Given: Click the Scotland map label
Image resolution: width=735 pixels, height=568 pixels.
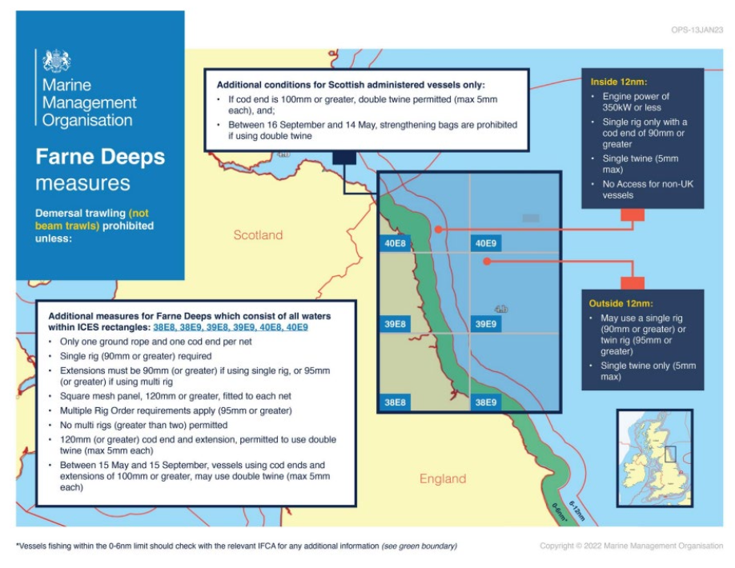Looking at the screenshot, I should (258, 235).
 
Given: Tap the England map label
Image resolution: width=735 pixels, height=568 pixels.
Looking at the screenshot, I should (442, 478).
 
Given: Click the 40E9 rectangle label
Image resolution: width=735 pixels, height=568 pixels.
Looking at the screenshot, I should (485, 244).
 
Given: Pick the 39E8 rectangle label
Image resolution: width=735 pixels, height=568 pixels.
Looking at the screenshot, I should (395, 324).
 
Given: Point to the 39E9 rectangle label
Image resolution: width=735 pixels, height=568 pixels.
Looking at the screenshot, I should (485, 324).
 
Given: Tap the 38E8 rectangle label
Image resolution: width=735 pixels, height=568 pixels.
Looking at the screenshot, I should (395, 402).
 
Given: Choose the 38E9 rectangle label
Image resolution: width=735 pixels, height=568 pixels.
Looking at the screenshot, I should (485, 402).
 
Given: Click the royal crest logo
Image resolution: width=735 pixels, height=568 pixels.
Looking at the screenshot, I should (56, 60).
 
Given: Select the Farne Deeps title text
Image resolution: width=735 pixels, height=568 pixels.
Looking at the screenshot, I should (100, 156).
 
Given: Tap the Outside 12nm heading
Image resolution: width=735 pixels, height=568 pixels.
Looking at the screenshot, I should (621, 303).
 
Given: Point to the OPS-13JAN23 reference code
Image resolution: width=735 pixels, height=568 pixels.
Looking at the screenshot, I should (697, 30).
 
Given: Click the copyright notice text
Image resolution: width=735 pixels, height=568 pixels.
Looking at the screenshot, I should (631, 546).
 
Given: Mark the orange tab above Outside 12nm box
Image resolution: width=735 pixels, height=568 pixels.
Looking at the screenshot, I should (632, 282).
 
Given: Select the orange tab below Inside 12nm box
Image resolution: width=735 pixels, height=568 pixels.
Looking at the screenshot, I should (632, 214).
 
